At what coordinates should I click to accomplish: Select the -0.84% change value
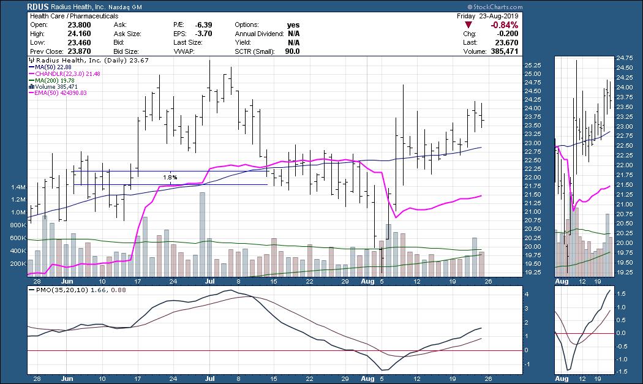(505, 25)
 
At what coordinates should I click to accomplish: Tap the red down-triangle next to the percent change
(468, 25)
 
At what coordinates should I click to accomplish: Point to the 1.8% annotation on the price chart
(170, 178)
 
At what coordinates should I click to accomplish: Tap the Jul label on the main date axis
(210, 282)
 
